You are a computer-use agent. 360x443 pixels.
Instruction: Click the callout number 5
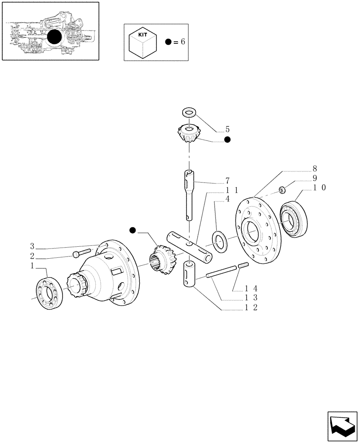[x=227, y=130]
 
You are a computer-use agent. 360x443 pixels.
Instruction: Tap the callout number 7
[x=227, y=181]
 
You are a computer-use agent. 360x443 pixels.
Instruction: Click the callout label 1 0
[x=320, y=187]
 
